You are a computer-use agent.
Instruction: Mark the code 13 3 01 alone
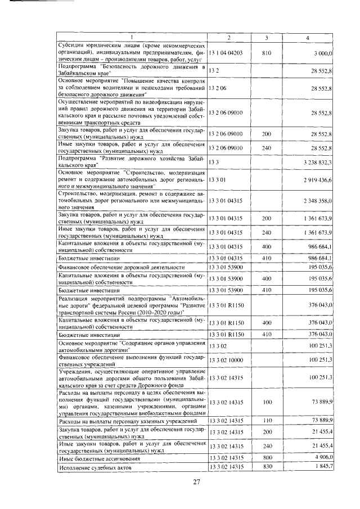click(217, 181)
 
